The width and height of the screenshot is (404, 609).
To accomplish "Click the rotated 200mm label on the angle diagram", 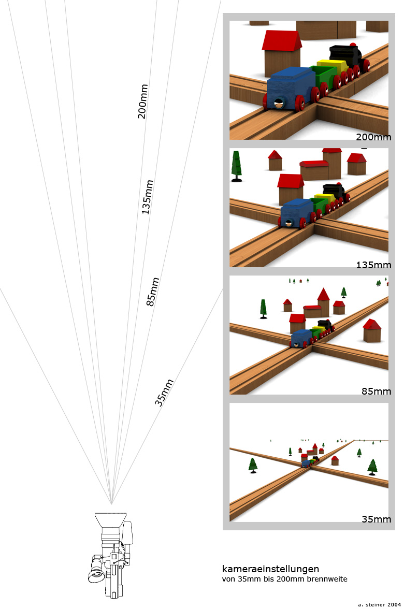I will point(143,102).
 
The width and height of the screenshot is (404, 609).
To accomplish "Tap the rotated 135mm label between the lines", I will point(147,197).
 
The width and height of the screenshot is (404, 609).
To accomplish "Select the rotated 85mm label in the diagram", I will point(152,292).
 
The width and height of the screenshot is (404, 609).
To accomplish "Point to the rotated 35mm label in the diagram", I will point(164,393).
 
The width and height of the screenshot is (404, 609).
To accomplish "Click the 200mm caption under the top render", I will point(373,137).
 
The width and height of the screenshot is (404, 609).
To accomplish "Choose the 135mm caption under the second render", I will point(373,265).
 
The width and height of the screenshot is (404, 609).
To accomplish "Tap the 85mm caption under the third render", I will point(376,392).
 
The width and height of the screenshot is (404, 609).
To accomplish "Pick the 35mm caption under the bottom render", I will point(376,519).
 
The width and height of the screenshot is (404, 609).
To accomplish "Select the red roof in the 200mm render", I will point(282,40).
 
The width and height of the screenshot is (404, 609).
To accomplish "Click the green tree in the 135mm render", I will point(237,165).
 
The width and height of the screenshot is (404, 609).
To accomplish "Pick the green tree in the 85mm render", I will point(264,308).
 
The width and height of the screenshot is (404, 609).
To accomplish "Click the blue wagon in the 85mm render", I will point(300,338).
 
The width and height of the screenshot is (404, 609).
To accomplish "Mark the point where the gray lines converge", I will point(111,504).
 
